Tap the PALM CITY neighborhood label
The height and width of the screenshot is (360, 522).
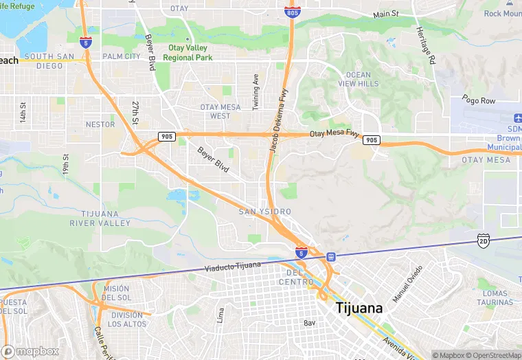[121, 56]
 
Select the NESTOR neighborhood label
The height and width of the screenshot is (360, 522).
[100, 124]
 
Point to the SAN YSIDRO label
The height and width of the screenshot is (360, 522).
[264, 212]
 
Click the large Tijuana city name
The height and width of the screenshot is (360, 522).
[359, 308]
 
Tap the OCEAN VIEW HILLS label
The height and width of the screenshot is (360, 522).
[358, 79]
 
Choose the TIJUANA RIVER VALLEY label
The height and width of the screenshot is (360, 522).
[100, 218]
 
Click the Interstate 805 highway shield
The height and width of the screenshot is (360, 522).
[291, 12]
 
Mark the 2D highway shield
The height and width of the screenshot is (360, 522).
[483, 240]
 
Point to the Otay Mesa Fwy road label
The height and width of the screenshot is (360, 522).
[334, 134]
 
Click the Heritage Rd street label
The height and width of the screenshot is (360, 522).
[424, 45]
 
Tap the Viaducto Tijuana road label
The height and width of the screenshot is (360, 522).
[233, 265]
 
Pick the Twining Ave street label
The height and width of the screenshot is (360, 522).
[256, 91]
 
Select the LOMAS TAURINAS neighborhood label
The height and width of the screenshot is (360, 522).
[495, 298]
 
